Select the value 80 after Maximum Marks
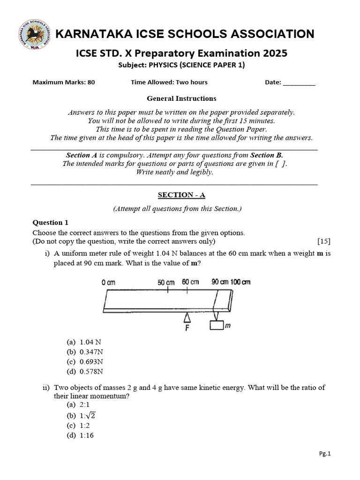(91, 82)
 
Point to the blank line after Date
(300, 82)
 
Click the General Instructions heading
(181, 98)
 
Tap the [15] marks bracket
(323, 241)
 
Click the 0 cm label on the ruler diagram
(108, 282)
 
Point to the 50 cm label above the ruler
(166, 282)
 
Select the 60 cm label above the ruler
(190, 282)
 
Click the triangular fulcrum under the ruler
(187, 318)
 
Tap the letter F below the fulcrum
(187, 328)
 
